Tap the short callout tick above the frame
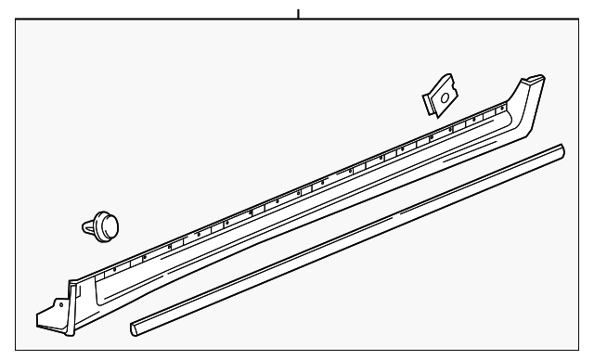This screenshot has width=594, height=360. (298, 14)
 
